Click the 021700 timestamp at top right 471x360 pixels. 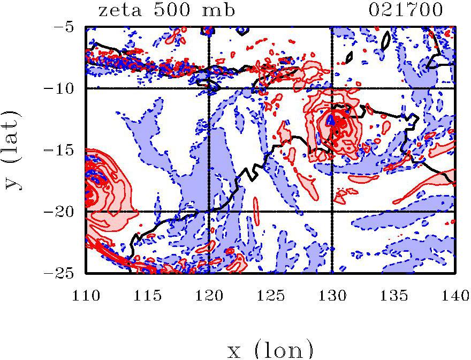click(x=406, y=10)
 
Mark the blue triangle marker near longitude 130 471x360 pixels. click(x=331, y=119)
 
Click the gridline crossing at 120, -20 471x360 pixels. click(x=209, y=212)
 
